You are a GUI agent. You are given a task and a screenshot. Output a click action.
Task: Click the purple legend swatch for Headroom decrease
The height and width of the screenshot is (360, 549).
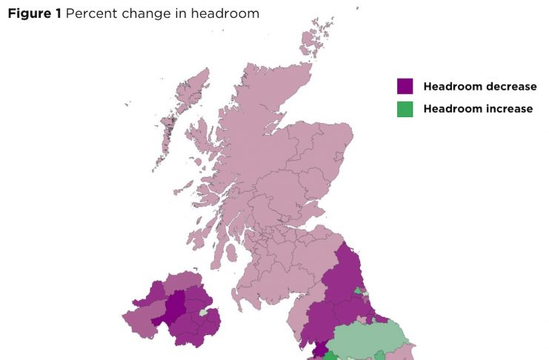coord(405,87)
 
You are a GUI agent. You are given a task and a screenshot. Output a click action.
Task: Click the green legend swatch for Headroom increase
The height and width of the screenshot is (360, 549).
coord(405,109)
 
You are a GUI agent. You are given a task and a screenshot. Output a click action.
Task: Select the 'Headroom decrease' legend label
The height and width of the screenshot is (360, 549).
coord(479,87)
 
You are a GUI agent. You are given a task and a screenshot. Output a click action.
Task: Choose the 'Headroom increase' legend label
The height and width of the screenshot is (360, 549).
coord(478,109)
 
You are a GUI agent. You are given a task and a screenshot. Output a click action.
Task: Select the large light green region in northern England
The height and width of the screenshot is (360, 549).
coord(367,341)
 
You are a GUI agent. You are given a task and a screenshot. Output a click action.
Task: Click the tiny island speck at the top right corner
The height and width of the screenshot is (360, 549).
coord(356,9)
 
